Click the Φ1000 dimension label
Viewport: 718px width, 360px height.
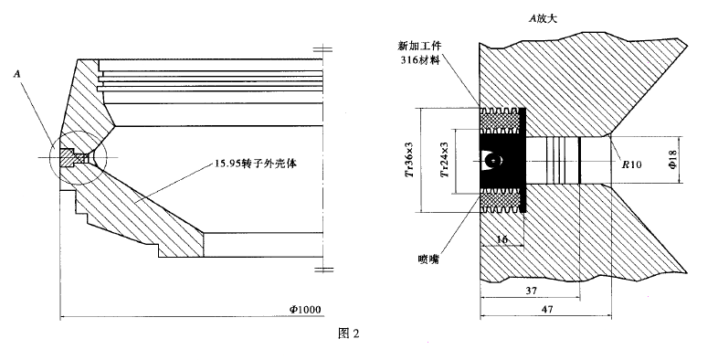(x=305, y=310)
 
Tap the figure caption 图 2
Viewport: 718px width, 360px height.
(x=348, y=334)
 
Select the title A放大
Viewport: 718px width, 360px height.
(x=544, y=19)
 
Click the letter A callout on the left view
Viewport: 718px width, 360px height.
(x=18, y=74)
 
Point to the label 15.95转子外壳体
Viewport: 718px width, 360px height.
(x=256, y=164)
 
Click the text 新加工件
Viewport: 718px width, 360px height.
(x=419, y=46)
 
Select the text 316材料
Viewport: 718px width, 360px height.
(x=420, y=60)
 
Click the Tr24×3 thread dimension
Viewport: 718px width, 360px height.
(x=444, y=159)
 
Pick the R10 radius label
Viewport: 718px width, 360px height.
(x=631, y=164)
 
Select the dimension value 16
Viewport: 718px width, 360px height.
(x=502, y=239)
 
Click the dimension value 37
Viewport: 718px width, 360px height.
(x=531, y=291)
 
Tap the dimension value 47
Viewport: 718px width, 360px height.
(x=547, y=309)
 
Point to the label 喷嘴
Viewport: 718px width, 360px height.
(x=428, y=259)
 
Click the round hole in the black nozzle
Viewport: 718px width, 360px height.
(x=491, y=160)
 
